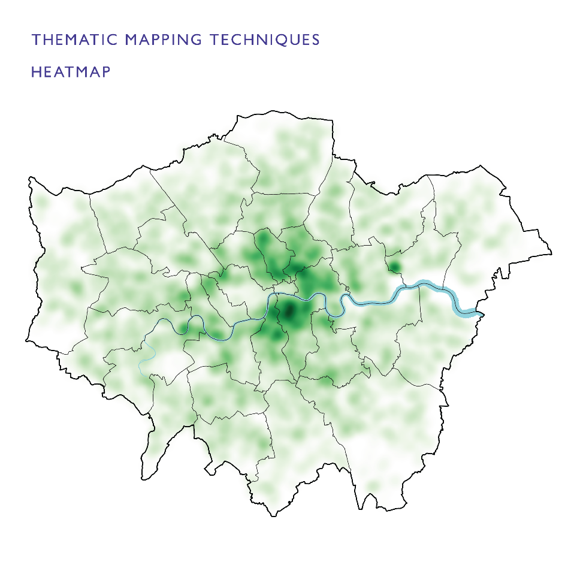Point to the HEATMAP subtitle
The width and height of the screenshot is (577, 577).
click(71, 72)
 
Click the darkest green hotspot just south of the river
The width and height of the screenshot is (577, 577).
click(289, 311)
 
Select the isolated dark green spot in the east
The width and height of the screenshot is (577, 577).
click(395, 267)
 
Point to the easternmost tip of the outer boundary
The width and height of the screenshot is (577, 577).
click(551, 252)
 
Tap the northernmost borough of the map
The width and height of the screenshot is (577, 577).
click(288, 156)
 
